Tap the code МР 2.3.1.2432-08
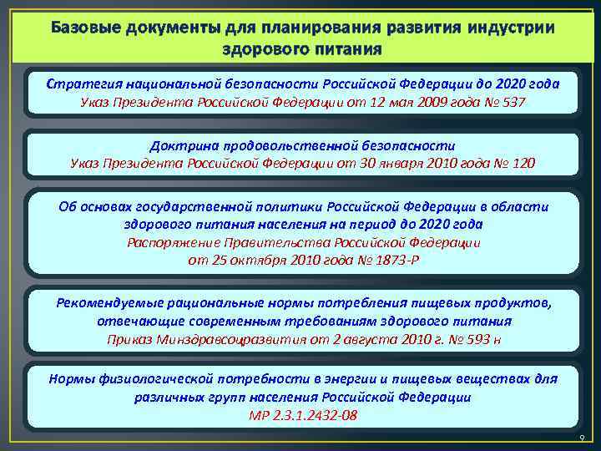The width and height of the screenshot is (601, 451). (x=302, y=416)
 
